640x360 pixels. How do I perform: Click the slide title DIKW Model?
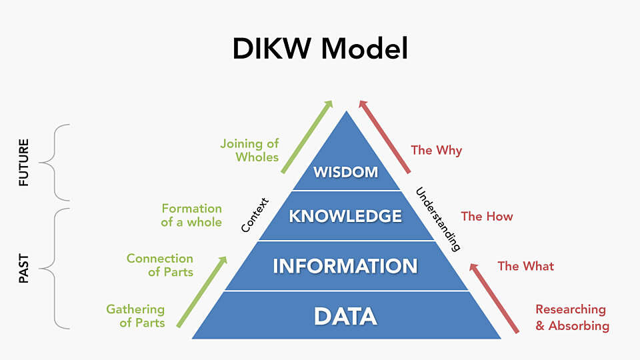pyautogui.click(x=320, y=49)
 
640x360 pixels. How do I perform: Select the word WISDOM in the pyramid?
pyautogui.click(x=345, y=172)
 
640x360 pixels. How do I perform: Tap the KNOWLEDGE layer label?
pyautogui.click(x=345, y=216)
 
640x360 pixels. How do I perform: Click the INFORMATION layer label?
pyautogui.click(x=345, y=266)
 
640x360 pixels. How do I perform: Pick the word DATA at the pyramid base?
pyautogui.click(x=345, y=316)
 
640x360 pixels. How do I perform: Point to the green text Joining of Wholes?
pyautogui.click(x=249, y=151)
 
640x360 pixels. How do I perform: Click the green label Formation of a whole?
pyautogui.click(x=191, y=215)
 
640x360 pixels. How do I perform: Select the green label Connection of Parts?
pyautogui.click(x=160, y=265)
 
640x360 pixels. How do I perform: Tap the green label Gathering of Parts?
pyautogui.click(x=135, y=316)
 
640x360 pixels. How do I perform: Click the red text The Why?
pyautogui.click(x=436, y=150)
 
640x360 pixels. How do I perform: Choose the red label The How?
pyautogui.click(x=487, y=216)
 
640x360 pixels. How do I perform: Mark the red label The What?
pyautogui.click(x=525, y=266)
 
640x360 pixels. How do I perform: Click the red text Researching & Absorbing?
pyautogui.click(x=572, y=317)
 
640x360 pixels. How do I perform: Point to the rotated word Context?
pyautogui.click(x=254, y=215)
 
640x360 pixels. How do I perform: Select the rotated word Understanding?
pyautogui.click(x=438, y=219)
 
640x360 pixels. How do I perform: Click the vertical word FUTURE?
pyautogui.click(x=24, y=162)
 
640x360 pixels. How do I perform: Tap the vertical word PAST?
pyautogui.click(x=24, y=268)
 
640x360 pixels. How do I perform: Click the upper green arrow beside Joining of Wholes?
pyautogui.click(x=307, y=137)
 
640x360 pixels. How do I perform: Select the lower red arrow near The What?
pyautogui.click(x=494, y=297)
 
